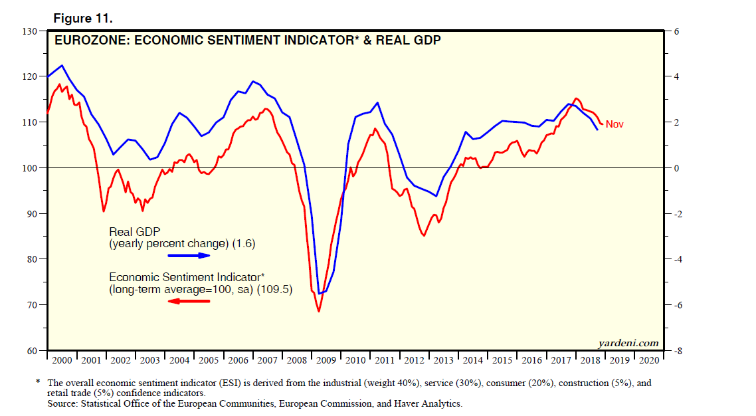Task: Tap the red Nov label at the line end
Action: [614, 124]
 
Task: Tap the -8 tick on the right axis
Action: [678, 351]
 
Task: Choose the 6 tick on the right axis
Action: [676, 31]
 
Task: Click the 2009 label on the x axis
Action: [326, 360]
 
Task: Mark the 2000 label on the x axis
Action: [62, 360]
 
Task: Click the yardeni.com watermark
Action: [628, 343]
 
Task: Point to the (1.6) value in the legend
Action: [244, 244]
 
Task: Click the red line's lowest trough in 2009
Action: [319, 311]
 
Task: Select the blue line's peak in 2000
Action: [62, 65]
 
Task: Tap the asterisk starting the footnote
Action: [38, 383]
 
